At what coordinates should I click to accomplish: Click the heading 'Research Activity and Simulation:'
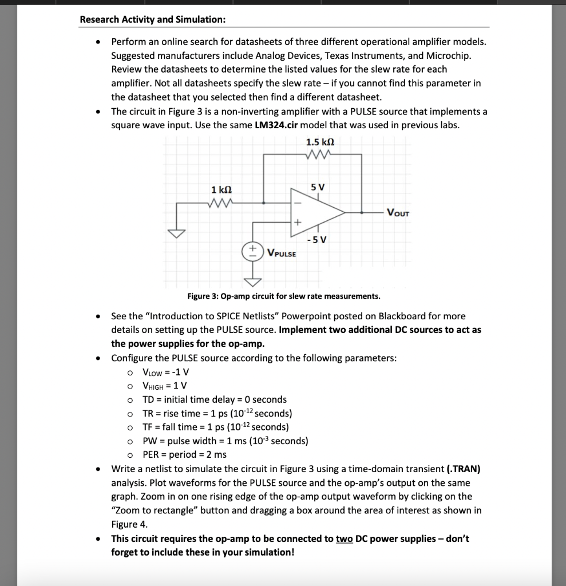[152, 19]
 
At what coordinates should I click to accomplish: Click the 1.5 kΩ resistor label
[320, 142]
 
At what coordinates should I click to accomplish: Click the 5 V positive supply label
[317, 187]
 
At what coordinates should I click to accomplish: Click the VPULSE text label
[282, 253]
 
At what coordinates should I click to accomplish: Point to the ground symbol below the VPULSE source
[251, 281]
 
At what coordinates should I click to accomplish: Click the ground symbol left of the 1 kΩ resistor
[177, 233]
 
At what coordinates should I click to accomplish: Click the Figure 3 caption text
[283, 296]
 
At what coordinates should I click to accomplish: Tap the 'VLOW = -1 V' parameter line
[165, 372]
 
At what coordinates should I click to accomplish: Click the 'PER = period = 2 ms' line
[184, 454]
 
